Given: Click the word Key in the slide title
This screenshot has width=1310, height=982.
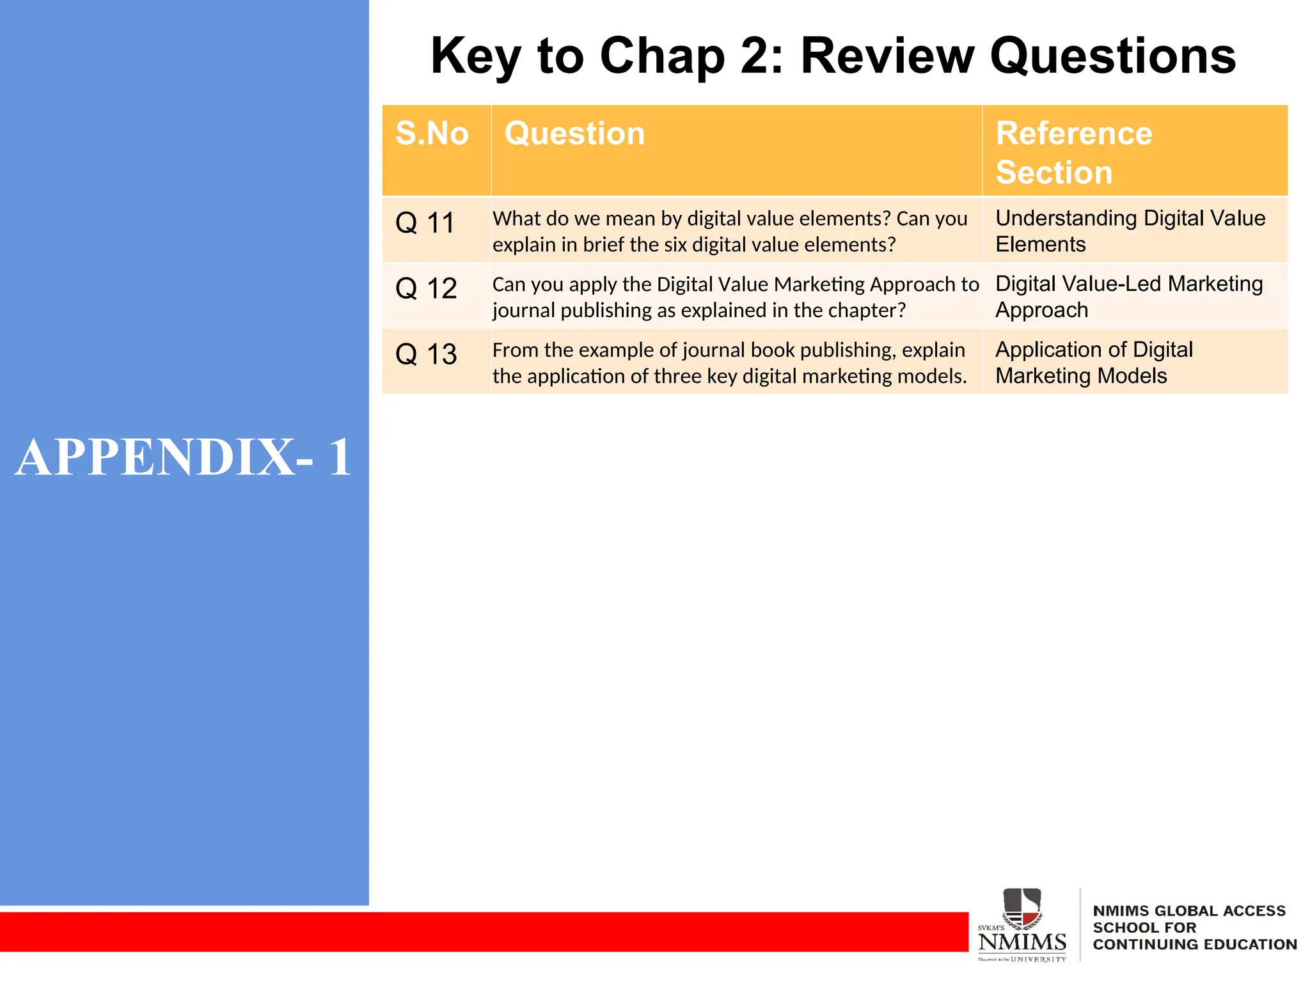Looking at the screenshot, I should [x=476, y=56].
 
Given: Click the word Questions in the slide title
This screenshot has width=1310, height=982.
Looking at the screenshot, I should [x=1113, y=56].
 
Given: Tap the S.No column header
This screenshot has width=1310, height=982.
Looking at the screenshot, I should [x=432, y=134].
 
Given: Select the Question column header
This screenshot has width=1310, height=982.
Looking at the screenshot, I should [x=574, y=134].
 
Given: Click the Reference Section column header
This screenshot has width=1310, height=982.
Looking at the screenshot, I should [x=1075, y=152].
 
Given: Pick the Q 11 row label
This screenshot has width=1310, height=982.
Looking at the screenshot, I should [x=425, y=223].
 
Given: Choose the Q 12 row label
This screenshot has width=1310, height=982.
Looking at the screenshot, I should [x=426, y=289].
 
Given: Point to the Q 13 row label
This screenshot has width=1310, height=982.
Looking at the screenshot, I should [x=426, y=355].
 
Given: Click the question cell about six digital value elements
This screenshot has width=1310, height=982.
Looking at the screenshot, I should [x=729, y=231].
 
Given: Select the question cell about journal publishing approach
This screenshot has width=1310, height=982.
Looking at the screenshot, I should [x=734, y=297].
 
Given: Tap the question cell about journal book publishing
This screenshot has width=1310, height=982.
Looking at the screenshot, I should [x=729, y=363].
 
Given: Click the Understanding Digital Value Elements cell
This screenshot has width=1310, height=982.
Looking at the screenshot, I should [x=1130, y=231].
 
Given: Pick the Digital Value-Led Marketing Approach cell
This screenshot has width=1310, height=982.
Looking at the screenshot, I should [x=1128, y=297].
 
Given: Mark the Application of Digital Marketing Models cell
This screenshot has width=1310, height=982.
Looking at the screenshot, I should [x=1094, y=362].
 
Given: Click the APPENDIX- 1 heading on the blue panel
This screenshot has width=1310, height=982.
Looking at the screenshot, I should [x=184, y=457].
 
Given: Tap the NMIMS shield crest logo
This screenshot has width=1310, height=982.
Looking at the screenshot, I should [x=1022, y=908].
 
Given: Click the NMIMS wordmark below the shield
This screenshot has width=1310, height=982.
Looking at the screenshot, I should [x=1022, y=942].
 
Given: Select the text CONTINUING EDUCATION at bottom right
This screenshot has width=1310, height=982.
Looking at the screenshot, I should [x=1194, y=944].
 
